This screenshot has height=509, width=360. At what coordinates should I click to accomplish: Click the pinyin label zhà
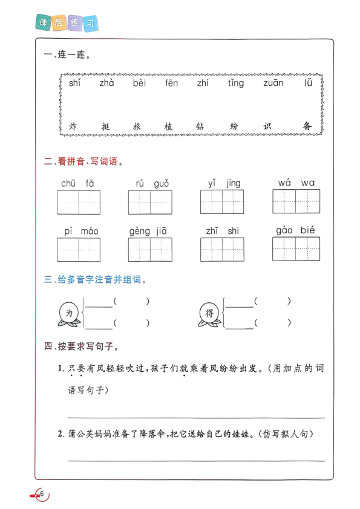coord(106,83)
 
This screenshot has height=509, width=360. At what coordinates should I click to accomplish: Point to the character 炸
coord(73,127)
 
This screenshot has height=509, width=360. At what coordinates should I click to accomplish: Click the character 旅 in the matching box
coord(137,127)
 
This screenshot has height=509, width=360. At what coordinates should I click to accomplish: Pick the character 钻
coord(200,127)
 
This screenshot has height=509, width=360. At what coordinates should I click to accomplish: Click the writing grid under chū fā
coord(79,202)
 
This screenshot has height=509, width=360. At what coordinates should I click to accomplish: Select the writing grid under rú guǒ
coord(151,202)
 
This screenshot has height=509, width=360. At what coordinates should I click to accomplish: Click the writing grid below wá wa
coord(296,201)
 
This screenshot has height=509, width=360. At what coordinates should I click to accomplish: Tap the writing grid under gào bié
coord(296,248)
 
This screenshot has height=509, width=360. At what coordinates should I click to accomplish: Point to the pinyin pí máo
coord(81,231)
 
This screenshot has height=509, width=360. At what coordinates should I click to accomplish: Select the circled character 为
coord(69,313)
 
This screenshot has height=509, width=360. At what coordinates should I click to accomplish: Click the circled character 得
coord(210,313)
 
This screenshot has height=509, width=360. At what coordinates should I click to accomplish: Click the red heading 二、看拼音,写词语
coord(83,162)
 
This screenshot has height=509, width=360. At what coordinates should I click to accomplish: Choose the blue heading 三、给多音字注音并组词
coord(95,280)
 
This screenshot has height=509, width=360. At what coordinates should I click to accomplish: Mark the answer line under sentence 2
coord(196,461)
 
